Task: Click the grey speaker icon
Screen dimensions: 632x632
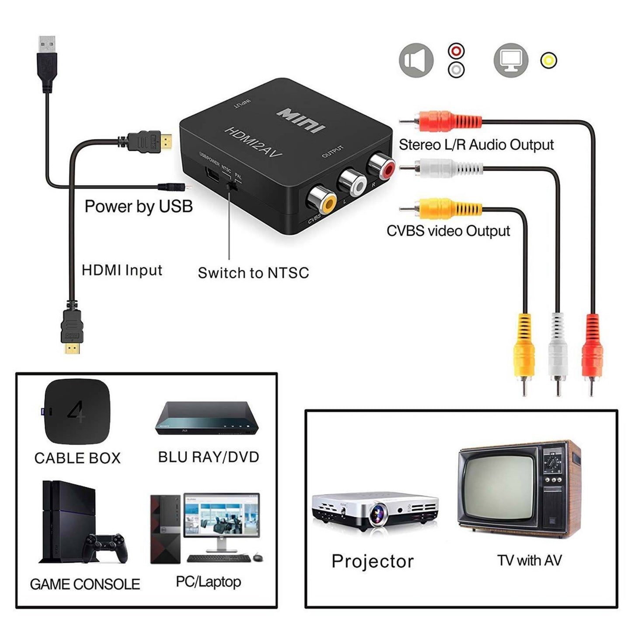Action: (x=416, y=61)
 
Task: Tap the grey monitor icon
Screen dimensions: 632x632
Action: (x=511, y=61)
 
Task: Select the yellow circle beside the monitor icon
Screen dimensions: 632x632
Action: (x=548, y=60)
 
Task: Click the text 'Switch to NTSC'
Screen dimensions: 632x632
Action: (x=253, y=273)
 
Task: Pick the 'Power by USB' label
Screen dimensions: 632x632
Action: (x=139, y=206)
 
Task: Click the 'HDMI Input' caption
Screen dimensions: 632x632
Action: (x=122, y=270)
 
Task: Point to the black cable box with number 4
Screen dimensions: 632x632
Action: (x=77, y=412)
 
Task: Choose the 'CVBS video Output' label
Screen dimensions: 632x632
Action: (x=448, y=231)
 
